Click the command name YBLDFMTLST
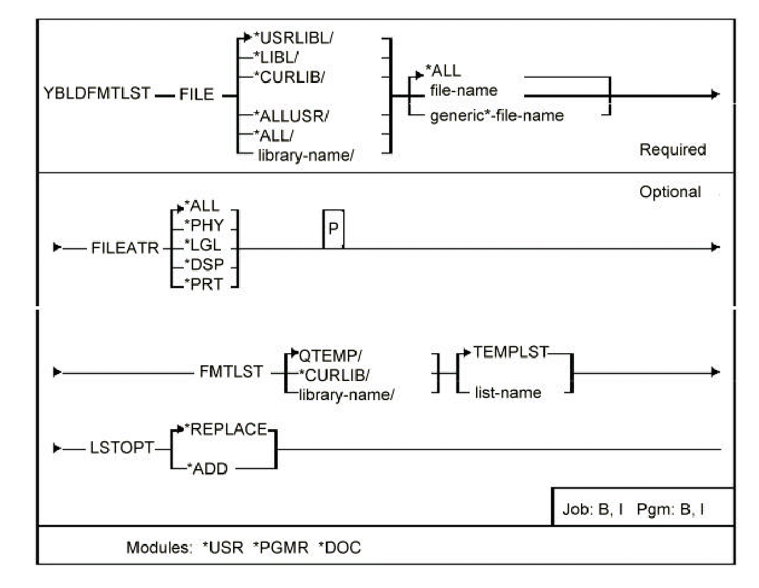click(x=97, y=93)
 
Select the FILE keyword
click(x=196, y=94)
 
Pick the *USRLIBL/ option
click(x=293, y=38)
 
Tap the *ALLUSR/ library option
click(x=291, y=116)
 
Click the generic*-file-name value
click(x=496, y=115)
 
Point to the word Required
click(x=673, y=150)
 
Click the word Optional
click(x=670, y=192)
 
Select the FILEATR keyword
click(x=125, y=248)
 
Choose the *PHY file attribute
click(x=204, y=226)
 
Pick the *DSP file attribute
click(x=204, y=264)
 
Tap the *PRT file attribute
click(x=204, y=284)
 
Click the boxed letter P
click(x=333, y=229)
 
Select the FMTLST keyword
click(x=231, y=372)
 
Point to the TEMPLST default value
click(x=510, y=352)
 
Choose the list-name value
click(x=507, y=393)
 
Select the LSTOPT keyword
click(x=122, y=448)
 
